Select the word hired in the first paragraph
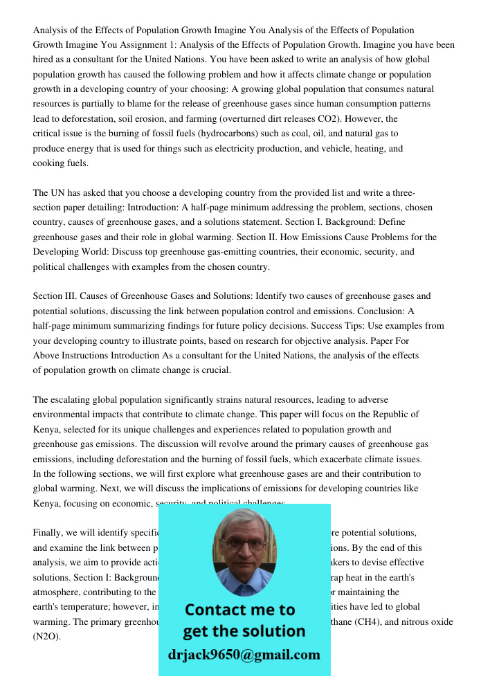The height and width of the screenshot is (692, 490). coord(45,60)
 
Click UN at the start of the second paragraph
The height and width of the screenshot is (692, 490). coord(59,192)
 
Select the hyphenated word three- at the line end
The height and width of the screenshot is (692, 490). coord(399,192)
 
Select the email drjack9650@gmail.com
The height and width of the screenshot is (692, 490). coord(244,655)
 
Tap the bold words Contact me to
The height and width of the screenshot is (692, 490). coord(240,610)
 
